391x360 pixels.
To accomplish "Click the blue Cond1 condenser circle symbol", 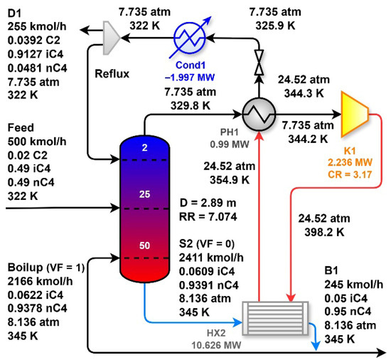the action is coord(190,38).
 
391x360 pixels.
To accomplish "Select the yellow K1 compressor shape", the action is coord(355,115).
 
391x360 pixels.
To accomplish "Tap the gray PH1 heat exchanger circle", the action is coord(259,115).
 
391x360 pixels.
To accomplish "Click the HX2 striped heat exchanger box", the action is coord(275,318).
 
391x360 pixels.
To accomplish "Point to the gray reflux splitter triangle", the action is coord(111,38).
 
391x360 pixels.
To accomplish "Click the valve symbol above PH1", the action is coord(259,63).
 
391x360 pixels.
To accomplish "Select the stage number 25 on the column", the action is coord(144,194).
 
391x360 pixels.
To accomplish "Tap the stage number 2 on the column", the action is coord(144,148).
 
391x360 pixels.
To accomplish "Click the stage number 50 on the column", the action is coord(144,245).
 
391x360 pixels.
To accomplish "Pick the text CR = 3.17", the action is coord(350,174).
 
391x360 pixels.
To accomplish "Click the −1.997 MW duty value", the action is coord(190,78).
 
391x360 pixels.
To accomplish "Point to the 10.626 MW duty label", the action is coord(216,345).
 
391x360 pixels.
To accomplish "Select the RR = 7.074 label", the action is coord(208,216).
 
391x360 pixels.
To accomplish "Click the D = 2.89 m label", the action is coord(208,203).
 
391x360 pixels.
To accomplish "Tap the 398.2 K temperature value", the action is coord(324,232).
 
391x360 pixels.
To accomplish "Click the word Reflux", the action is coord(112,74).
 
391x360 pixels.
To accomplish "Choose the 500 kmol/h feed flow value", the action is coord(37,142).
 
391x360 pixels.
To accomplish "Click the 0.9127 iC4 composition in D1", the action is coord(36,54).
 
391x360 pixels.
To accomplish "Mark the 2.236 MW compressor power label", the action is coord(350,162).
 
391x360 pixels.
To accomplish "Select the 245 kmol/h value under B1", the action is coord(353,285).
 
